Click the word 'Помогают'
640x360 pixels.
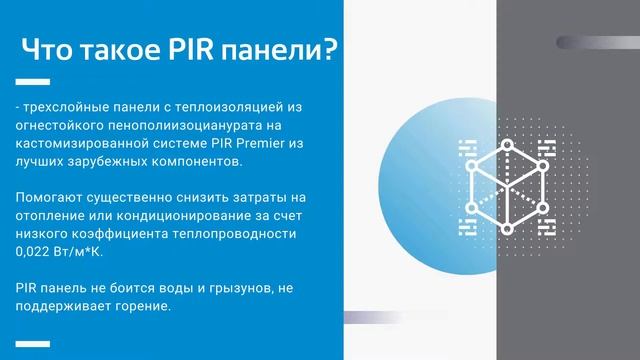point(48,198)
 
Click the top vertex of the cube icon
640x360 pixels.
point(507,144)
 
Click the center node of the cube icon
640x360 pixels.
point(507,187)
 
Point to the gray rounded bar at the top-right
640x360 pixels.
point(597,41)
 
